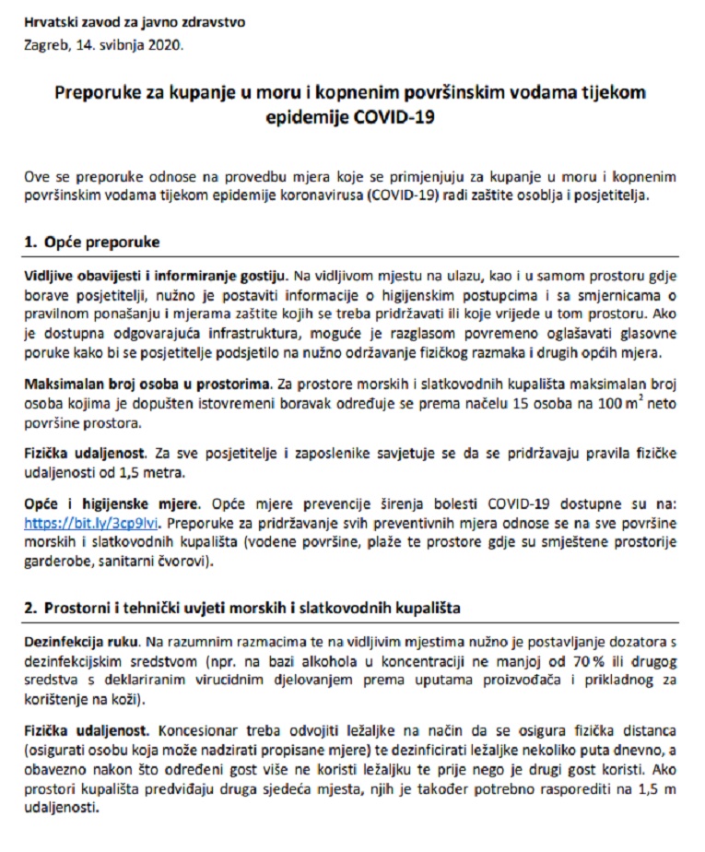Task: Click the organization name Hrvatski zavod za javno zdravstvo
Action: click(x=135, y=21)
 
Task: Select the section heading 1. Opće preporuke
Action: click(x=92, y=243)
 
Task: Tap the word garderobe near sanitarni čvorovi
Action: click(x=55, y=559)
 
